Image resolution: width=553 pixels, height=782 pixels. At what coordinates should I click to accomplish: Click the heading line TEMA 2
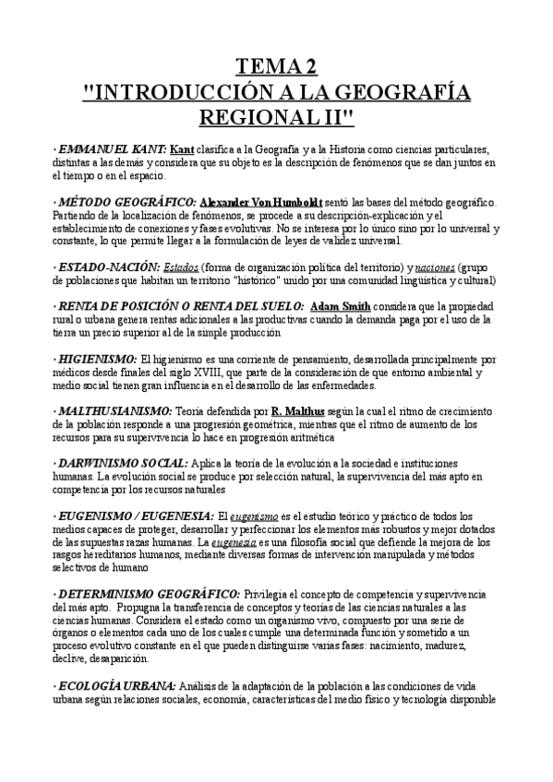(277, 65)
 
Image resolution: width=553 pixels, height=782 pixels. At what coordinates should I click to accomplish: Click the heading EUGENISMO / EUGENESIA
(137, 515)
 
